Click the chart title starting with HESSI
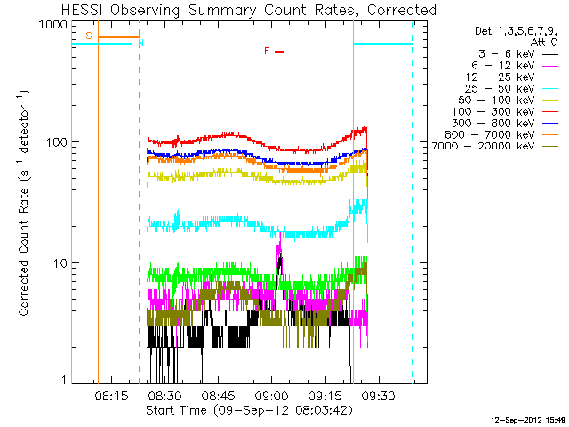249,10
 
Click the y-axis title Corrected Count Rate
24,204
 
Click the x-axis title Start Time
249,410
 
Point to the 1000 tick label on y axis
53,24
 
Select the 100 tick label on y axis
57,142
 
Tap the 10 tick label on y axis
60,263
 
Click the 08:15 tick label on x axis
111,395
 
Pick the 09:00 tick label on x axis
272,395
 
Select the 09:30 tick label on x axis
379,395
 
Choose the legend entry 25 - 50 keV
511,89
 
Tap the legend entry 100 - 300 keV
505,112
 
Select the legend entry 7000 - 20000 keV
495,146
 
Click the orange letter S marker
89,36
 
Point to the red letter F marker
267,51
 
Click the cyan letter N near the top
140,43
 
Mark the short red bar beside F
280,52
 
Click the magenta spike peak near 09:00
280,233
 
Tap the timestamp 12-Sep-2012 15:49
528,420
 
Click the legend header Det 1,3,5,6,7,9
516,31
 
